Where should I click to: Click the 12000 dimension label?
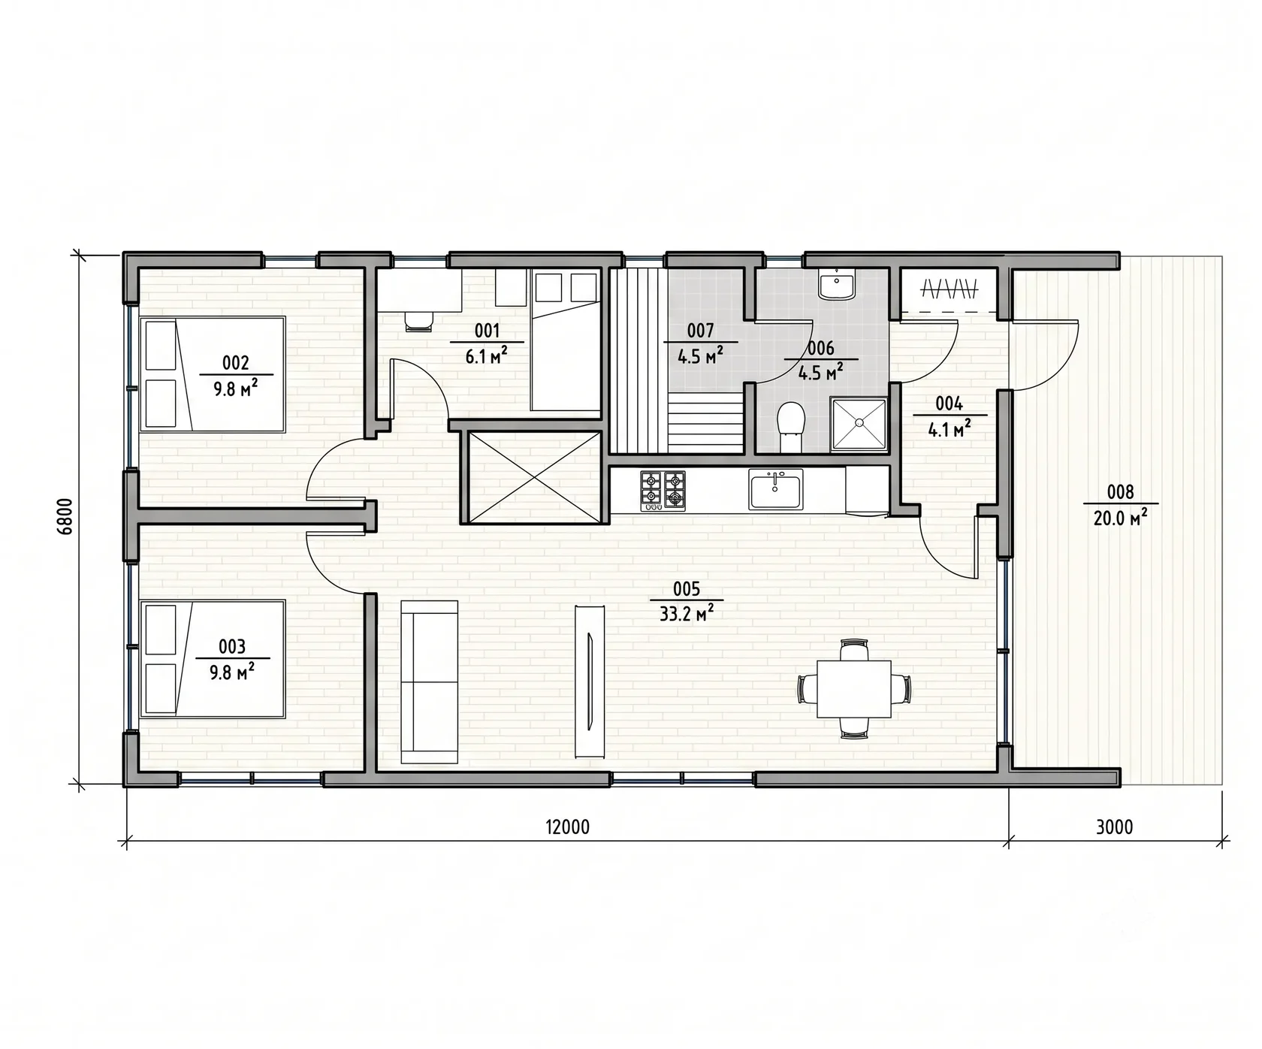[567, 827]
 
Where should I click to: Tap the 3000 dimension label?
[1114, 827]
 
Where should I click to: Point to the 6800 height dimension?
[65, 516]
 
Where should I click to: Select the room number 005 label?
[687, 588]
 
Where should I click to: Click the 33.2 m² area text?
[687, 614]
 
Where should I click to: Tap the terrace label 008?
[1120, 492]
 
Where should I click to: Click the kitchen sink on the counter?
[776, 489]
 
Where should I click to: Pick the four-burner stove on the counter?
[663, 491]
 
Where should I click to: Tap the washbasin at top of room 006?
[836, 286]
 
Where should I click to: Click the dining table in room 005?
[854, 689]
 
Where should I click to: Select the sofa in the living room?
[430, 682]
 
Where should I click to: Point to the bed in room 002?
[213, 374]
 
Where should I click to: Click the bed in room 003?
[213, 658]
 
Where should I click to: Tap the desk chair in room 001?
[419, 321]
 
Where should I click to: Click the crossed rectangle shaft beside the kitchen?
[535, 477]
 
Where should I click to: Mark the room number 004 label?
[949, 404]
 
